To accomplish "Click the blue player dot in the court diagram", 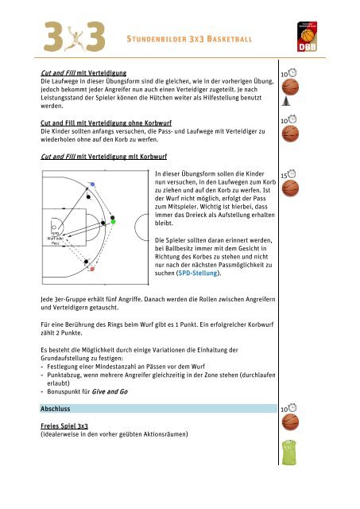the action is tap(93, 184).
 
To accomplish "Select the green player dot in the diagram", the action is tap(113, 222).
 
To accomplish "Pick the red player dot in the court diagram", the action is tap(92, 270).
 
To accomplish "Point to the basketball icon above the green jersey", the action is tap(292, 422).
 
